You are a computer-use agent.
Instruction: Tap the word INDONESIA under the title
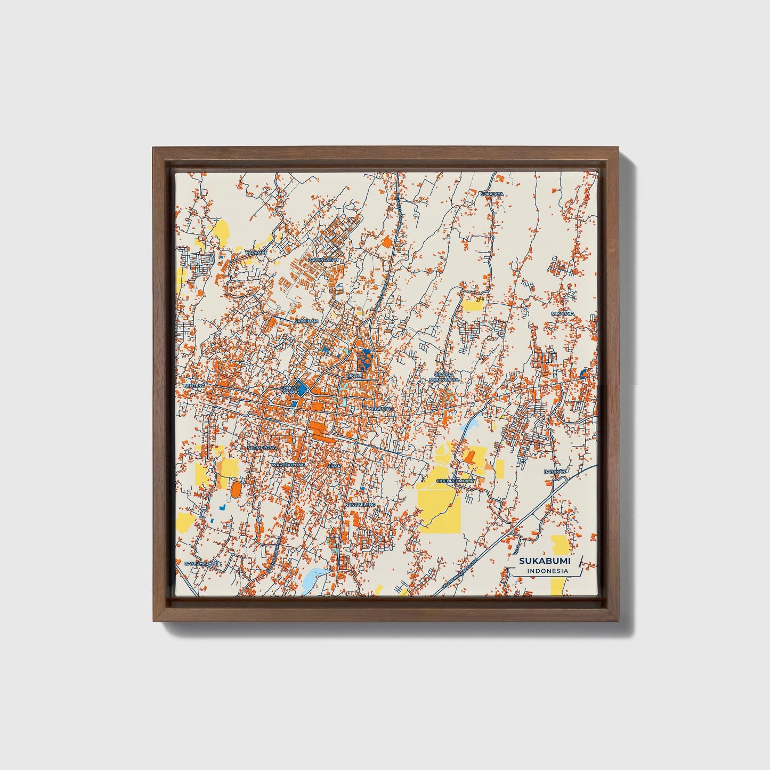point(547,571)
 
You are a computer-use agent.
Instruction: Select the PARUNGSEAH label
point(323,260)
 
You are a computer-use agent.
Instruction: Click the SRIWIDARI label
point(306,321)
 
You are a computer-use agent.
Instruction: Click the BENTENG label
point(194,385)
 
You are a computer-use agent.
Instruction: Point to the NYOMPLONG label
point(262,448)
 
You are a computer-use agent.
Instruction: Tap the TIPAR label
point(334,466)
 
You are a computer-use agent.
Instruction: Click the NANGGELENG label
point(360,504)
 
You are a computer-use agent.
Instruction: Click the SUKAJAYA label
point(491,194)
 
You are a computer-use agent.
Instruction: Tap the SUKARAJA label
point(563,313)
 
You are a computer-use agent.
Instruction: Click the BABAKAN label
point(555,472)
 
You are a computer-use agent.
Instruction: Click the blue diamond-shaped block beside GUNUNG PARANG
point(302,387)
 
